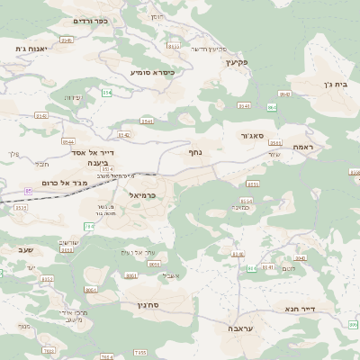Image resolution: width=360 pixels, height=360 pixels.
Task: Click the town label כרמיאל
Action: pyautogui.click(x=142, y=194)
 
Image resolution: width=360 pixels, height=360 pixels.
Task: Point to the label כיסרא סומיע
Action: pyautogui.click(x=151, y=71)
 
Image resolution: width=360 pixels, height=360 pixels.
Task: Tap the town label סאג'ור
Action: pyautogui.click(x=258, y=135)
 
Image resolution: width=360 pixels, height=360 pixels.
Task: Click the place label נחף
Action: pyautogui.click(x=199, y=153)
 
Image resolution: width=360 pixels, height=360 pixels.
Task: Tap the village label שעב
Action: pyautogui.click(x=25, y=248)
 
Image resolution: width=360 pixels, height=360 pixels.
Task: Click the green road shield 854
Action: pyautogui.click(x=107, y=92)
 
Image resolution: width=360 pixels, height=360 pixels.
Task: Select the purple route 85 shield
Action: pyautogui.click(x=28, y=191)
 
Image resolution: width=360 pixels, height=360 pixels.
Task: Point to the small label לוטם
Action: pyautogui.click(x=289, y=268)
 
